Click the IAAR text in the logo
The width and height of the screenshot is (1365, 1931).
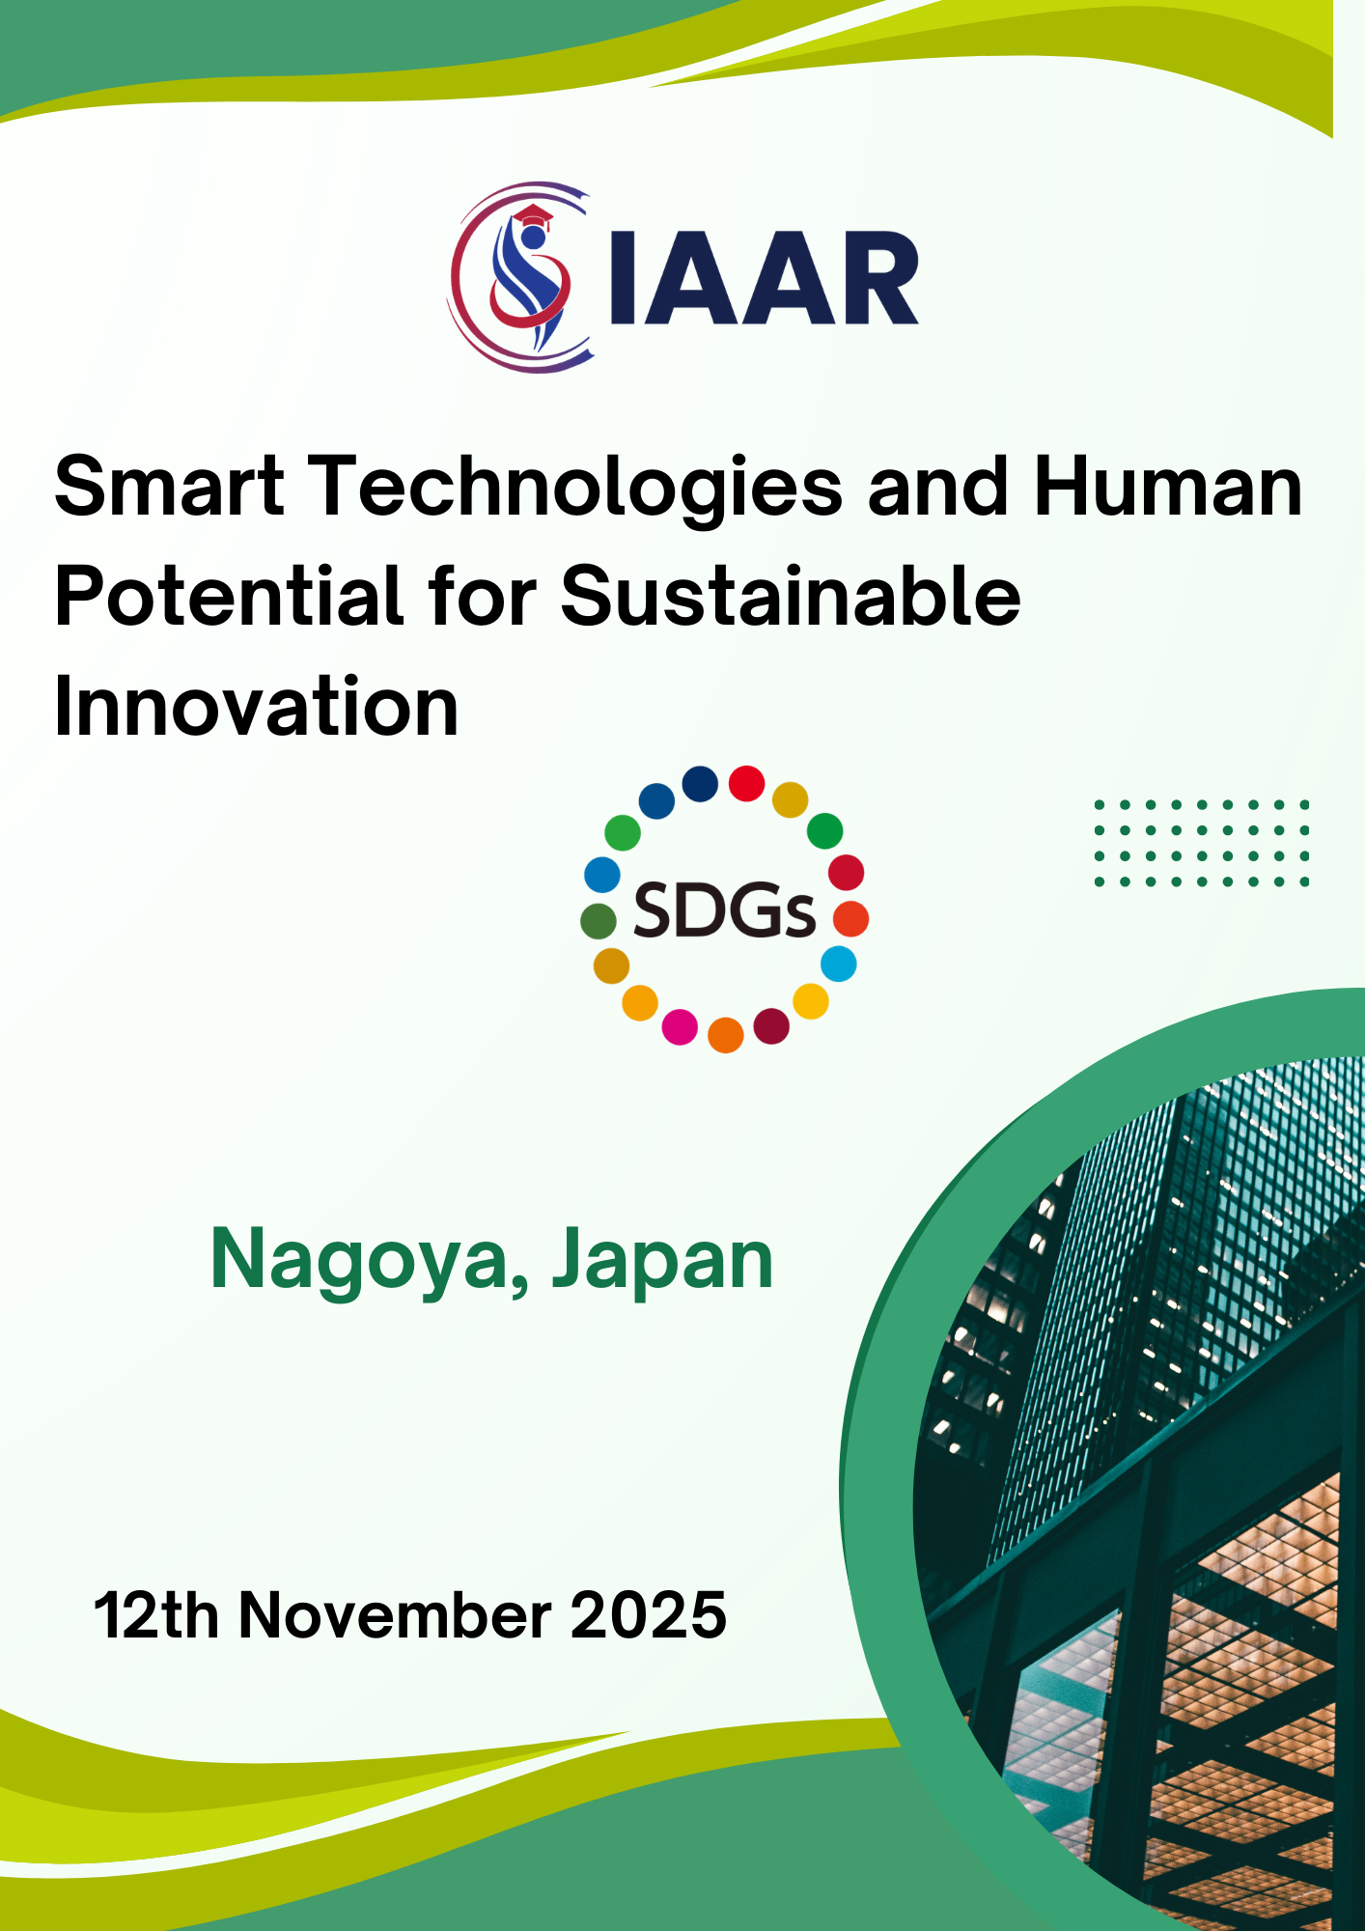[766, 278]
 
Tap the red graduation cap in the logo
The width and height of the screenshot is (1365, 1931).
[533, 215]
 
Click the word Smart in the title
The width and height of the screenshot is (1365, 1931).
[170, 486]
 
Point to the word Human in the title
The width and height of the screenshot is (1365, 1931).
[1168, 486]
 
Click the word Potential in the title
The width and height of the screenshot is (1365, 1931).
[229, 596]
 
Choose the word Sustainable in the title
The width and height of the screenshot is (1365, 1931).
[790, 596]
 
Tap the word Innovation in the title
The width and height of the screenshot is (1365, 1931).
[257, 706]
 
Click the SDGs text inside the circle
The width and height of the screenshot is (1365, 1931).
[724, 911]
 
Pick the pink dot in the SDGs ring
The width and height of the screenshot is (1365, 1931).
[680, 1027]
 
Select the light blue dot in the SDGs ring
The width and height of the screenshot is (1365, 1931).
[839, 964]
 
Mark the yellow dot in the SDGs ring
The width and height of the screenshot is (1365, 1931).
[811, 1001]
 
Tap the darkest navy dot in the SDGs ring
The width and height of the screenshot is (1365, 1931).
[700, 784]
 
